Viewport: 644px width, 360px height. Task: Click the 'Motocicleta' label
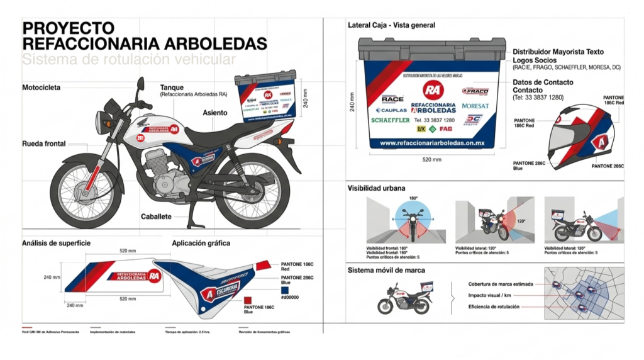pos(42,87)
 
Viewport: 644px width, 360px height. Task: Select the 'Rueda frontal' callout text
pos(44,143)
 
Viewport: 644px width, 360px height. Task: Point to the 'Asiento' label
pos(215,113)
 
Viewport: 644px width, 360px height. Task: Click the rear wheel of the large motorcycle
pos(255,194)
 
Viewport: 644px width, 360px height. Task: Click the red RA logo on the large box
pos(432,89)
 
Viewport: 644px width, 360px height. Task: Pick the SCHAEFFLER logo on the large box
pos(391,120)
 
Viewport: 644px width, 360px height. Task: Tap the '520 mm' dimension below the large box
pos(431,160)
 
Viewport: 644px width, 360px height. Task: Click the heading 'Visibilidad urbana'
pos(377,188)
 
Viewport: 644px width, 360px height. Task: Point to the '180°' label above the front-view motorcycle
pos(413,198)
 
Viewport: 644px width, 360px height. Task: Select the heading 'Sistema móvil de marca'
pos(386,270)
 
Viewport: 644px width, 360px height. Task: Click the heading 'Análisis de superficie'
pos(57,242)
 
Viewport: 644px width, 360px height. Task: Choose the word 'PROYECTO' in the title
pos(69,28)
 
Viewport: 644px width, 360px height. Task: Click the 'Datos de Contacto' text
pos(543,82)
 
